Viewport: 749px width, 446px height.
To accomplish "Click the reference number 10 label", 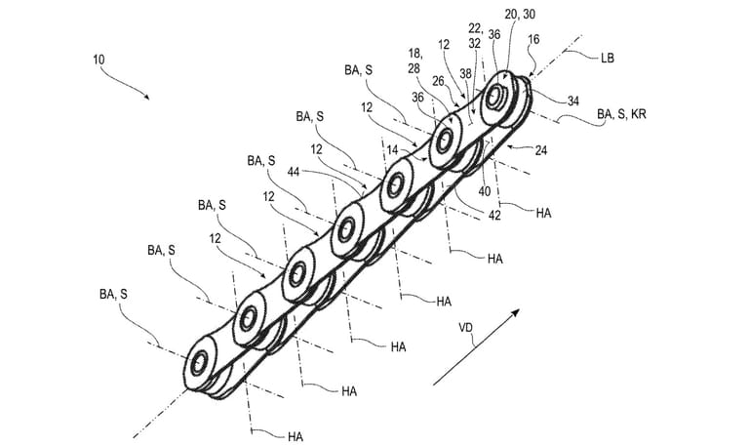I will [99, 59].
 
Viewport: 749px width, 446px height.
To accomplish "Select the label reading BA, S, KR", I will [621, 114].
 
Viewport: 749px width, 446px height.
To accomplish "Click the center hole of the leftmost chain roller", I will [199, 362].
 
